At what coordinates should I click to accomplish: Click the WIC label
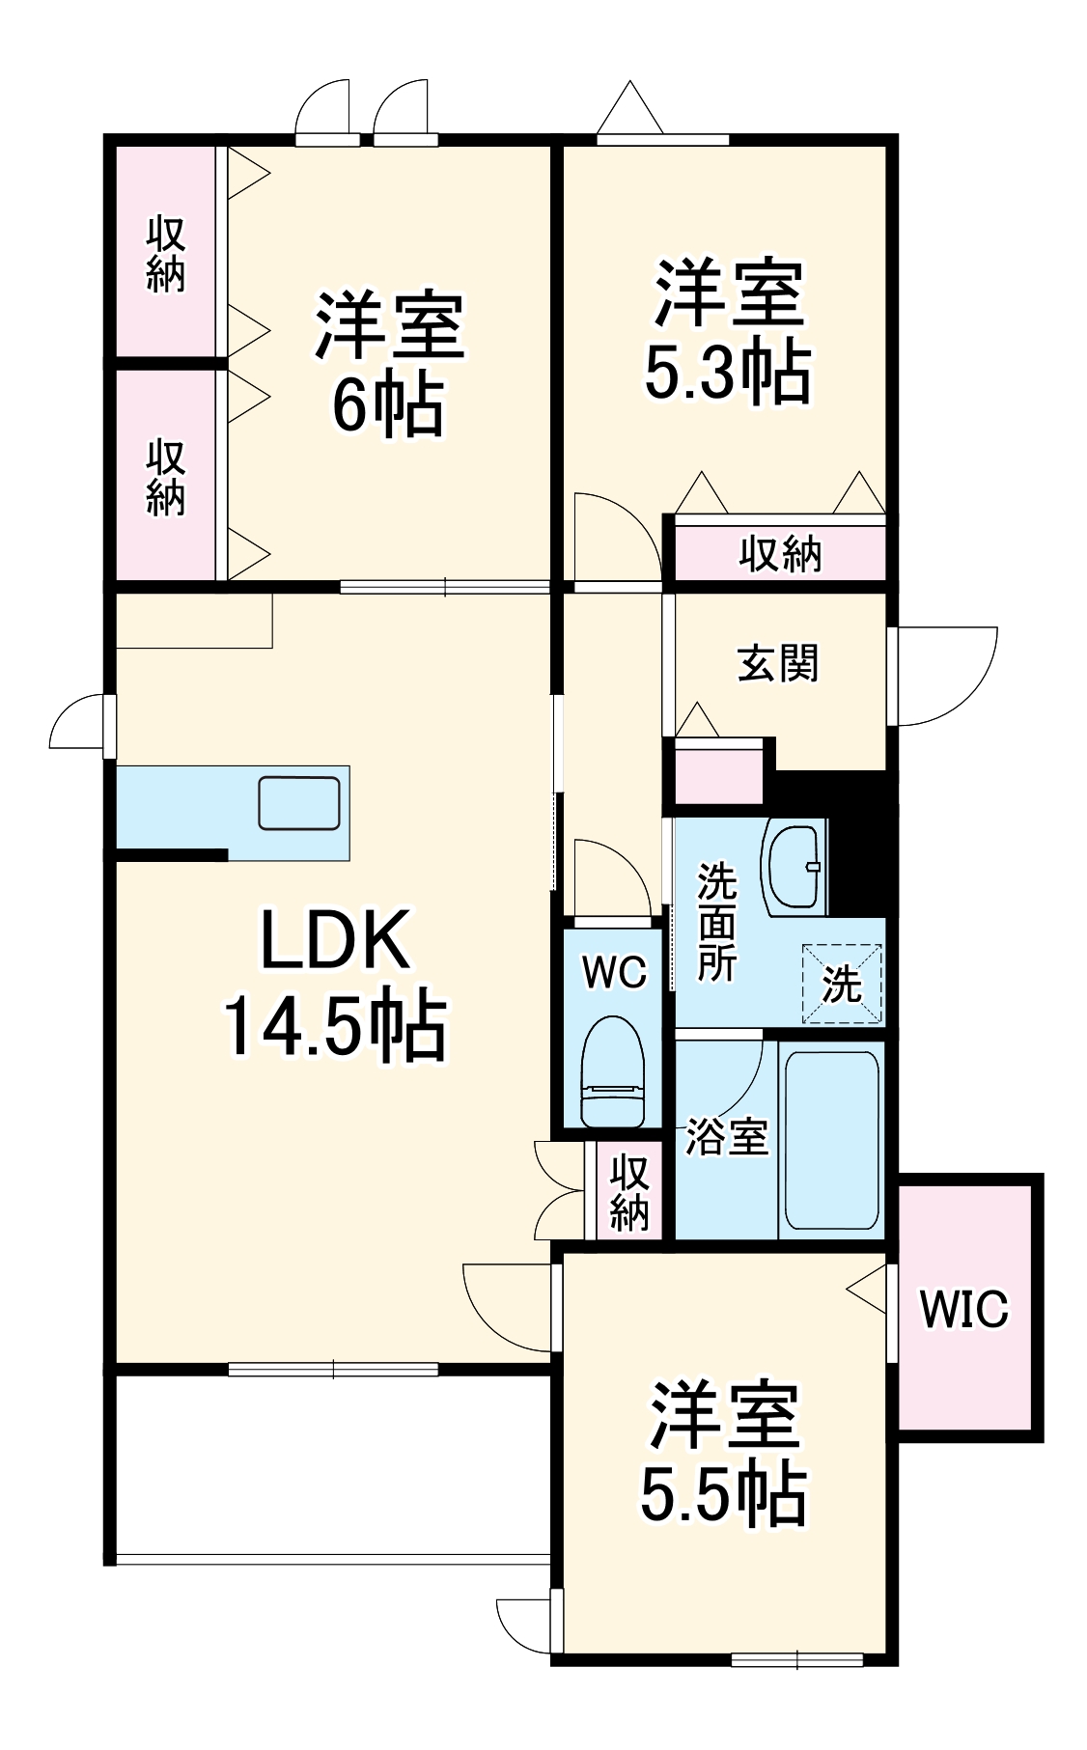pos(962,1310)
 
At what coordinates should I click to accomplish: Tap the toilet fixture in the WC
pos(613,1072)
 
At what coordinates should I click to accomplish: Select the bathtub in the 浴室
pos(831,1138)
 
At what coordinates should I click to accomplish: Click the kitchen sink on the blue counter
pos(298,802)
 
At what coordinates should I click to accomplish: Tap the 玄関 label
pos(778,664)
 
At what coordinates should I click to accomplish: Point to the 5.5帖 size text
pos(724,1494)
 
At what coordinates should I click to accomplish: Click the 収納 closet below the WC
pos(629,1191)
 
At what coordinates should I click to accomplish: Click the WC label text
pos(614,972)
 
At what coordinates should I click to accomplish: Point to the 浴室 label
pos(726,1137)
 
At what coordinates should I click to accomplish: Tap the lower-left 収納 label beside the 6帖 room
pos(165,477)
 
